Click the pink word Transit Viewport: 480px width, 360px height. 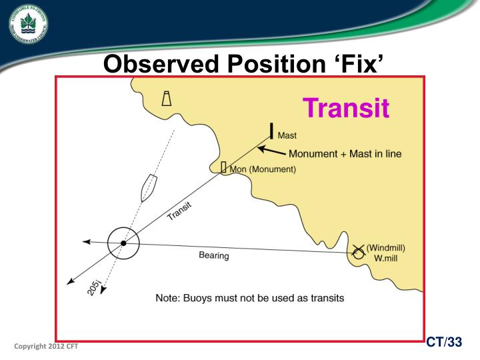(346, 108)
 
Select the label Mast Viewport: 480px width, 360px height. (287, 136)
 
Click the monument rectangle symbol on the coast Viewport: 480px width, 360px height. (224, 167)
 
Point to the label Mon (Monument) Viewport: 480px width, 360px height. (263, 169)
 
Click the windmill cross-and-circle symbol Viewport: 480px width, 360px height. (358, 251)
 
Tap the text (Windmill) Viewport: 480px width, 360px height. (386, 248)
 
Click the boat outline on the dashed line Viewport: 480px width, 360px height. (148, 188)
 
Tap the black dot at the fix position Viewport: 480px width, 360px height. (123, 243)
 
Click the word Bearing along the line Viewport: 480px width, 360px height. (214, 256)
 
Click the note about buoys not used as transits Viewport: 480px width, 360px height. (249, 298)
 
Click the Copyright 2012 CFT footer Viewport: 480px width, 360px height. (46, 347)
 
